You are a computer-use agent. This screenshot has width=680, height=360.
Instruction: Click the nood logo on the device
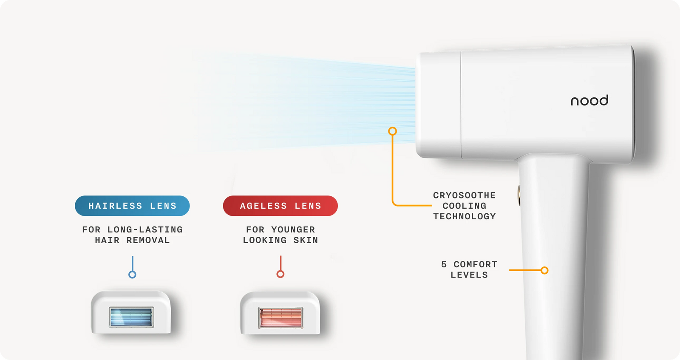pyautogui.click(x=589, y=101)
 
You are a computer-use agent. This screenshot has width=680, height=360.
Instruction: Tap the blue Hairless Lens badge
pyautogui.click(x=132, y=206)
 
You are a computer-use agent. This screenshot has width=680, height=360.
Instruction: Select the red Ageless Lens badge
pyautogui.click(x=280, y=206)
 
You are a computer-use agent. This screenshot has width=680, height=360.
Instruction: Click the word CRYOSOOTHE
pyautogui.click(x=464, y=196)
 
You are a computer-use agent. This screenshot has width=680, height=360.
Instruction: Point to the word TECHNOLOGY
pyautogui.click(x=465, y=216)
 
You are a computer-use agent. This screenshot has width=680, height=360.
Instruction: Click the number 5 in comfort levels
pyautogui.click(x=444, y=264)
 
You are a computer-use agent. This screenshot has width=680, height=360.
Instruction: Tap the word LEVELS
pyautogui.click(x=469, y=275)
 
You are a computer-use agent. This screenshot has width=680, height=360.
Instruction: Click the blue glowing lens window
pyautogui.click(x=131, y=317)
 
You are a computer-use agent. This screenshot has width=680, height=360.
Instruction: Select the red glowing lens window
pyautogui.click(x=280, y=317)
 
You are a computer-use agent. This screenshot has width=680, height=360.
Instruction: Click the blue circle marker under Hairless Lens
pyautogui.click(x=132, y=275)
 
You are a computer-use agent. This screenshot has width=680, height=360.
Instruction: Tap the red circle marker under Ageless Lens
pyautogui.click(x=280, y=274)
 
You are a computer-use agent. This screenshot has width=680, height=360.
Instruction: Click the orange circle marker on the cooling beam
pyautogui.click(x=393, y=131)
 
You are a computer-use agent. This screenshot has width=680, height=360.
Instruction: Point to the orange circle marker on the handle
pyautogui.click(x=544, y=270)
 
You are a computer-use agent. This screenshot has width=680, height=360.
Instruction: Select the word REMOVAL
pyautogui.click(x=148, y=240)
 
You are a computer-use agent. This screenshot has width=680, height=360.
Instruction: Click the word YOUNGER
pyautogui.click(x=293, y=230)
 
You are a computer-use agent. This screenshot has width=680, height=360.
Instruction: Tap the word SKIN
pyautogui.click(x=306, y=240)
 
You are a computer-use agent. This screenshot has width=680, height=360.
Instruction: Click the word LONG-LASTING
pyautogui.click(x=145, y=230)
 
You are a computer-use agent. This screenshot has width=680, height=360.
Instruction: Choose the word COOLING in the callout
pyautogui.click(x=464, y=206)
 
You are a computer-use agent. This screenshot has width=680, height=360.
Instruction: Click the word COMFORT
pyautogui.click(x=476, y=264)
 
